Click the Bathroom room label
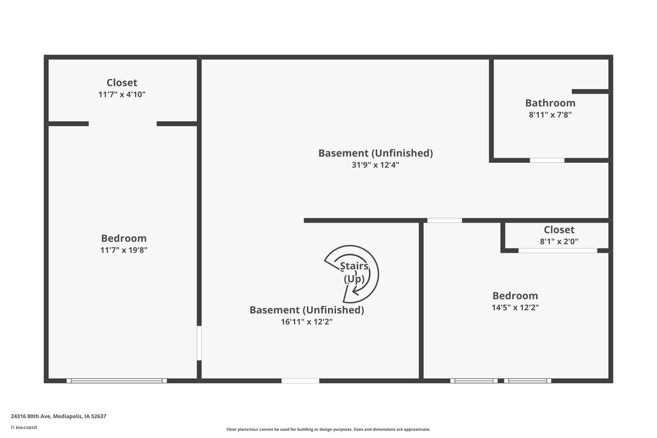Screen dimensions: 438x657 550,103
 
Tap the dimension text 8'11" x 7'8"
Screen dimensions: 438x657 550,115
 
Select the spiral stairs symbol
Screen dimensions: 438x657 352,274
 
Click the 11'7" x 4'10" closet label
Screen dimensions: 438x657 122,83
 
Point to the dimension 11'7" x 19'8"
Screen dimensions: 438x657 124,250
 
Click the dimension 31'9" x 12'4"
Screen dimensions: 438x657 375,164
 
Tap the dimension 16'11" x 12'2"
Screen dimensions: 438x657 307,321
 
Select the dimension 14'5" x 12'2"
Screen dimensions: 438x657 515,307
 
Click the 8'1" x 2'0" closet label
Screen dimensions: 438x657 559,230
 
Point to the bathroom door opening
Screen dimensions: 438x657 547,160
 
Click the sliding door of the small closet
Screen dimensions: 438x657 558,250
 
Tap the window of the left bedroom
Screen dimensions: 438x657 117,381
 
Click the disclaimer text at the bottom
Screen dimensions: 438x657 328,429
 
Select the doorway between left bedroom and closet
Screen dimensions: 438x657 123,124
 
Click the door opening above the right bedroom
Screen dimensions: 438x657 444,221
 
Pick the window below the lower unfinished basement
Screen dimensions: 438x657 300,381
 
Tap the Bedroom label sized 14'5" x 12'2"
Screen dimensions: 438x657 515,296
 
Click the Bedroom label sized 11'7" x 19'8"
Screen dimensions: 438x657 124,239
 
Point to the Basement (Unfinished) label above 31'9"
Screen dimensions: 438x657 375,153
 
